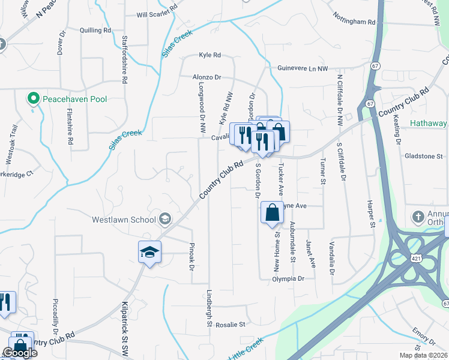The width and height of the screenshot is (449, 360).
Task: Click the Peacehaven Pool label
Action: [74, 98]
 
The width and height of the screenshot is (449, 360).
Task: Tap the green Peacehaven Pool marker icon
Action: [33, 98]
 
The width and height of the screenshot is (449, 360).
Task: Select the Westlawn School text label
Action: [124, 220]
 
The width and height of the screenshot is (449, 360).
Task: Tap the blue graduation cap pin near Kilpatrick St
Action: [149, 253]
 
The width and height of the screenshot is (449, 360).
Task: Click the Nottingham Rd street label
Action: [354, 22]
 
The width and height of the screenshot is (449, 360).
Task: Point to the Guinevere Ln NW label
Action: [303, 69]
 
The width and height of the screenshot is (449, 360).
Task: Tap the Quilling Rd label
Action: [95, 29]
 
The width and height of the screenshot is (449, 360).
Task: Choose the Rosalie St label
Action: [231, 325]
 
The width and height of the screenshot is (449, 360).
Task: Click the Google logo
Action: [20, 353]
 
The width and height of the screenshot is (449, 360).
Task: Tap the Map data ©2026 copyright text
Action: [424, 355]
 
